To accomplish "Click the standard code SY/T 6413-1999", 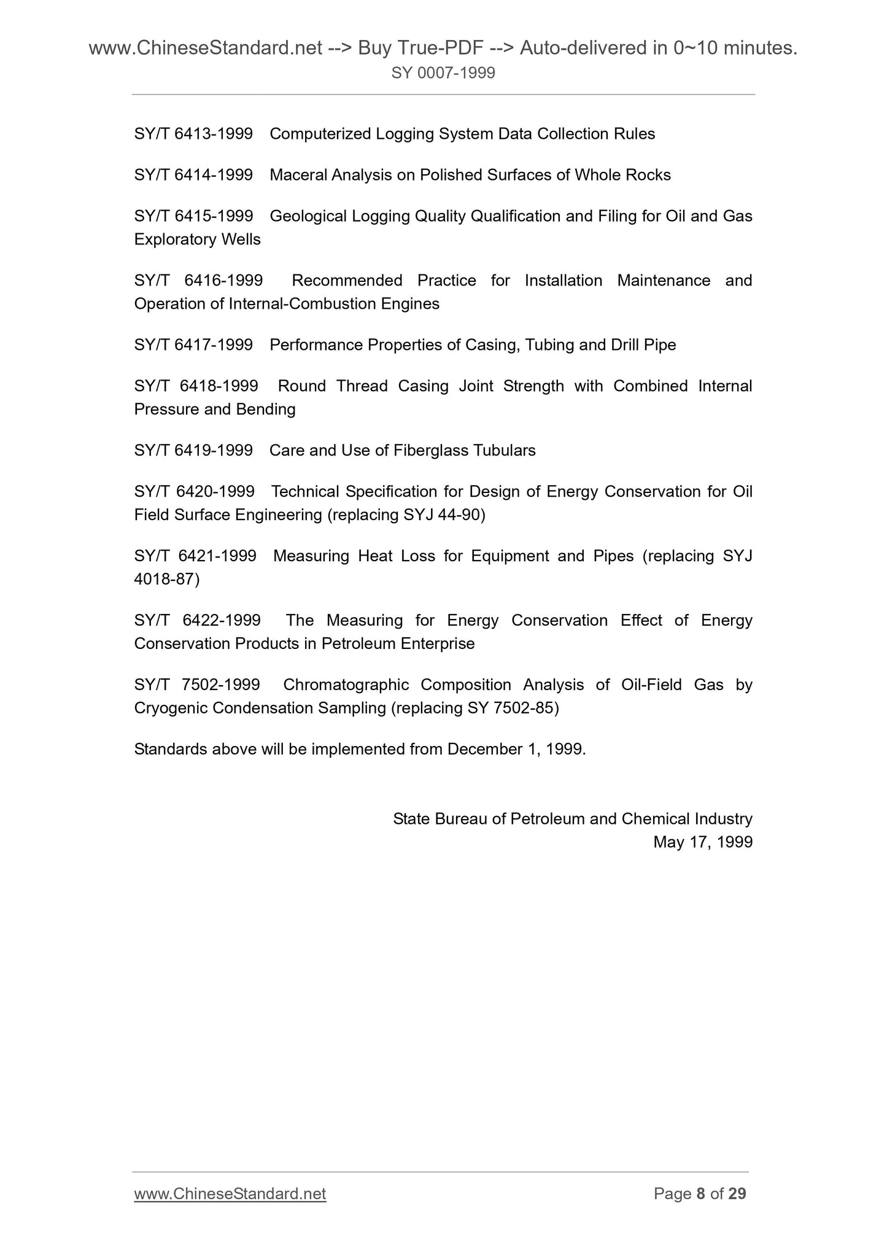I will click(x=193, y=134).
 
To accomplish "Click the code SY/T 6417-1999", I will click(x=193, y=345).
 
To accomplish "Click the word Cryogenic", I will click(x=171, y=708).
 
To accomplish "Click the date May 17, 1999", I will click(x=703, y=842).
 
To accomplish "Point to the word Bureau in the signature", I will click(x=460, y=818).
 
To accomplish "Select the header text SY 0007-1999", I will click(x=443, y=74).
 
